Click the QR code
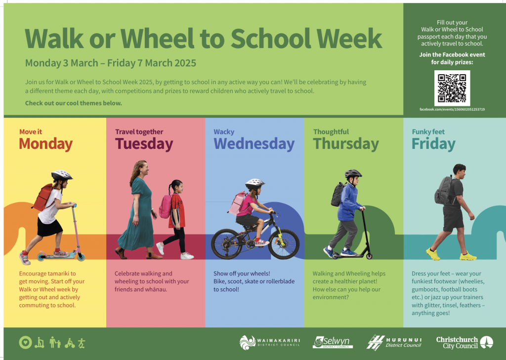(x=452, y=88)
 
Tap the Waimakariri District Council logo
(x=270, y=343)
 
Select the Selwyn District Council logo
(x=333, y=342)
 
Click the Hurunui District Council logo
(x=394, y=343)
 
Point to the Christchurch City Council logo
(x=464, y=343)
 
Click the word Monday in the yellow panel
(x=46, y=144)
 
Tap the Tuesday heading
(x=144, y=144)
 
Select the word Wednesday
(x=254, y=144)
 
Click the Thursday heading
(x=346, y=144)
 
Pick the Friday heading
(x=433, y=144)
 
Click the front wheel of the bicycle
(x=284, y=244)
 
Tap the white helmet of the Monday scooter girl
(x=61, y=176)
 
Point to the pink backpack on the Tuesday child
(x=165, y=206)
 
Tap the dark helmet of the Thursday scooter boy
(x=353, y=174)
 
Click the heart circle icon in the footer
(x=26, y=343)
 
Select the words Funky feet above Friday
(x=428, y=132)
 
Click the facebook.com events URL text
(x=452, y=109)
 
